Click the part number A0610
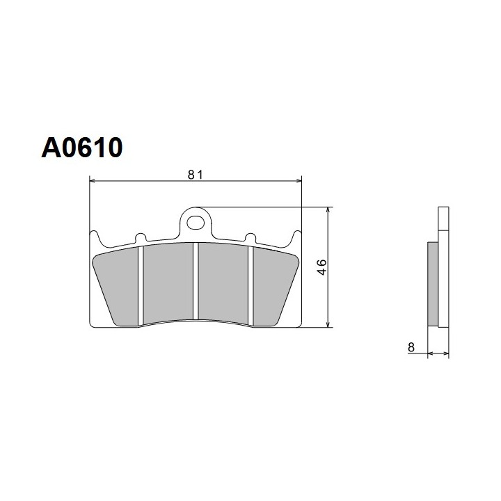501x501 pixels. coord(82,148)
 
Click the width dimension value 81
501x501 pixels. coord(196,175)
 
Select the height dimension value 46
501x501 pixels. coord(322,267)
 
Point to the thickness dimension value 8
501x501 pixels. coord(411,347)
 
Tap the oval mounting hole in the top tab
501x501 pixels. coord(196,223)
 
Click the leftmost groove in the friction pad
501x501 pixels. coord(141,285)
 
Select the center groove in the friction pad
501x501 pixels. coord(196,281)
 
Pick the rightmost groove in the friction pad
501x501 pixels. coord(250,285)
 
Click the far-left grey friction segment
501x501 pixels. coord(118,286)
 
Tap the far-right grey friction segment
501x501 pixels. coord(273,286)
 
